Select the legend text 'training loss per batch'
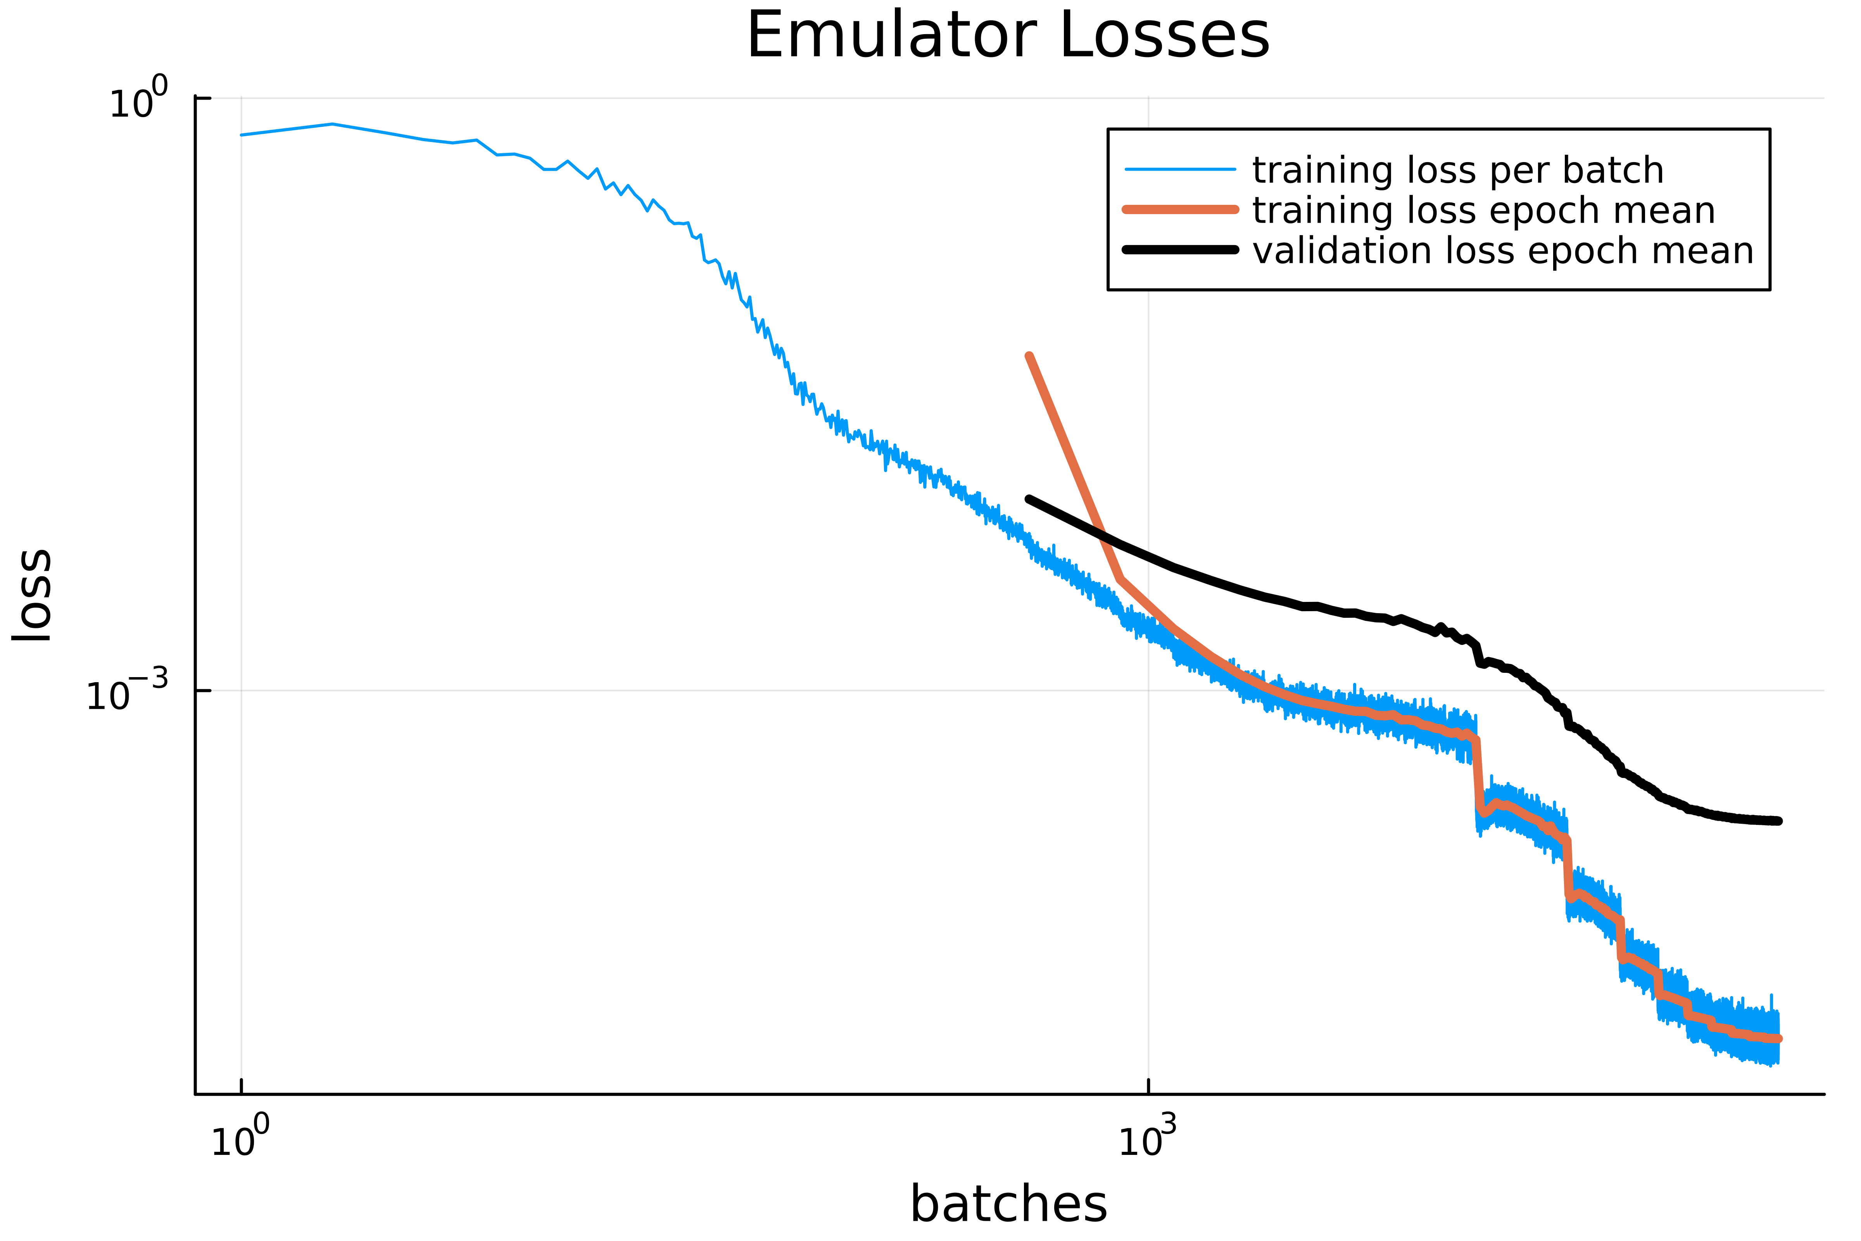(x=1457, y=170)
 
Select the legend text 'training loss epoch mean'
(x=1484, y=211)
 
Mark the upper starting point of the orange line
(x=1029, y=356)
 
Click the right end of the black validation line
(x=1779, y=821)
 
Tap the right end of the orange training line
(x=1779, y=1039)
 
